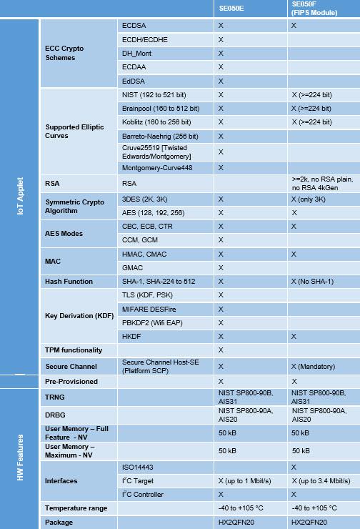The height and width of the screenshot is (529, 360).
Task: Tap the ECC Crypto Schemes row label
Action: pyautogui.click(x=64, y=53)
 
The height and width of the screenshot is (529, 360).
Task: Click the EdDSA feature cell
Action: pyautogui.click(x=133, y=81)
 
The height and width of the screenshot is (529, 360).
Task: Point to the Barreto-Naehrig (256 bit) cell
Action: pyautogui.click(x=160, y=136)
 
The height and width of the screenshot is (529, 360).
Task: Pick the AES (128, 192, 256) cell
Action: pyautogui.click(x=154, y=212)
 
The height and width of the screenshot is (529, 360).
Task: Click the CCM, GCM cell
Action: pyautogui.click(x=139, y=239)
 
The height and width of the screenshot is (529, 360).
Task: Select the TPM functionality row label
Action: pyautogui.click(x=74, y=350)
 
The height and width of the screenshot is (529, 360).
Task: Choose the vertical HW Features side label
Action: pyautogui.click(x=20, y=458)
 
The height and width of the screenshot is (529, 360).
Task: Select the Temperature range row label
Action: pyautogui.click(x=76, y=508)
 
